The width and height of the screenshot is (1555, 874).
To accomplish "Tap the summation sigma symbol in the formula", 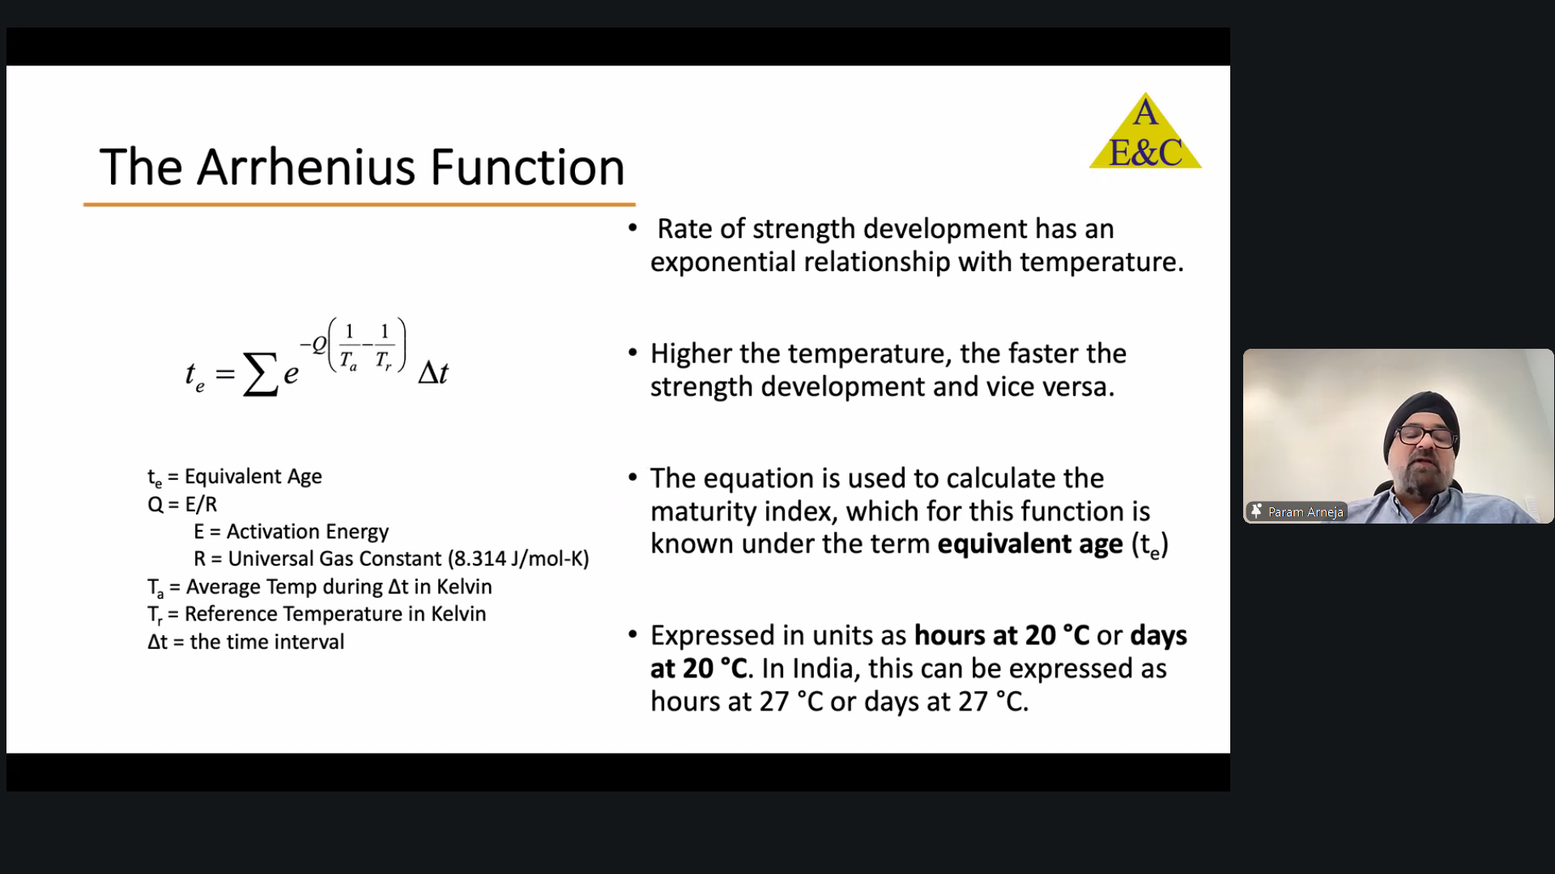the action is point(260,374).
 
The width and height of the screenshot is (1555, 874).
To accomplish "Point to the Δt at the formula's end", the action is point(433,372).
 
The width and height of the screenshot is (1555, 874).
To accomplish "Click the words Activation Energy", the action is point(308,532).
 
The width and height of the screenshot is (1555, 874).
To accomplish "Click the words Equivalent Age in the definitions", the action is point(253,477).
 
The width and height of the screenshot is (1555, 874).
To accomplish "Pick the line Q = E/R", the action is point(182,504).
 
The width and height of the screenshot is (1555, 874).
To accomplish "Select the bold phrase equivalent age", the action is point(1030,545).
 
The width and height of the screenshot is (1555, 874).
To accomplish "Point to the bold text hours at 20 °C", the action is point(1002,635).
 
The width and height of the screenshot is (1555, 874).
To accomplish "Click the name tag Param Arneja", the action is point(1306,511).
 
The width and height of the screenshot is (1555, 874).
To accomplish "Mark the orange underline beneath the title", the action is point(359,205).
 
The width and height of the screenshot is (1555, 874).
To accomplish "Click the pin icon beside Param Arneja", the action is point(1257,511).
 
